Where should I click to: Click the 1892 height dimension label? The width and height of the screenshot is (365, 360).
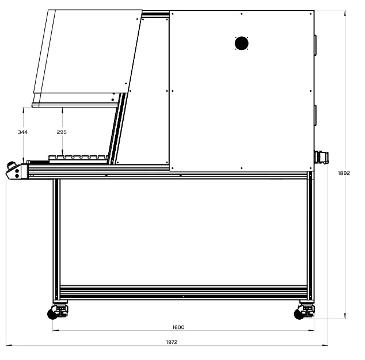point(344,173)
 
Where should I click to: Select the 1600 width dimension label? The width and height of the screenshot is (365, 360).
point(178,327)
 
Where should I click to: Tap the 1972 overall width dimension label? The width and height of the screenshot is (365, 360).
point(172,342)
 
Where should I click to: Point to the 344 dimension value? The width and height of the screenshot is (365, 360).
point(22,132)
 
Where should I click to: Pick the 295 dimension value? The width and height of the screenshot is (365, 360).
point(62,132)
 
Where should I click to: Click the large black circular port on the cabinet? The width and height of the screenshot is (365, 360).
point(242,43)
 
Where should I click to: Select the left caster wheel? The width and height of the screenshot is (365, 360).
point(52,315)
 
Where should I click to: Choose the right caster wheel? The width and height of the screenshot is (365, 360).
point(299,315)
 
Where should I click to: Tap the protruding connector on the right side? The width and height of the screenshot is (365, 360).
point(321,158)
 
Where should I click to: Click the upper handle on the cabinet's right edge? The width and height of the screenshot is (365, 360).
point(315,45)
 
